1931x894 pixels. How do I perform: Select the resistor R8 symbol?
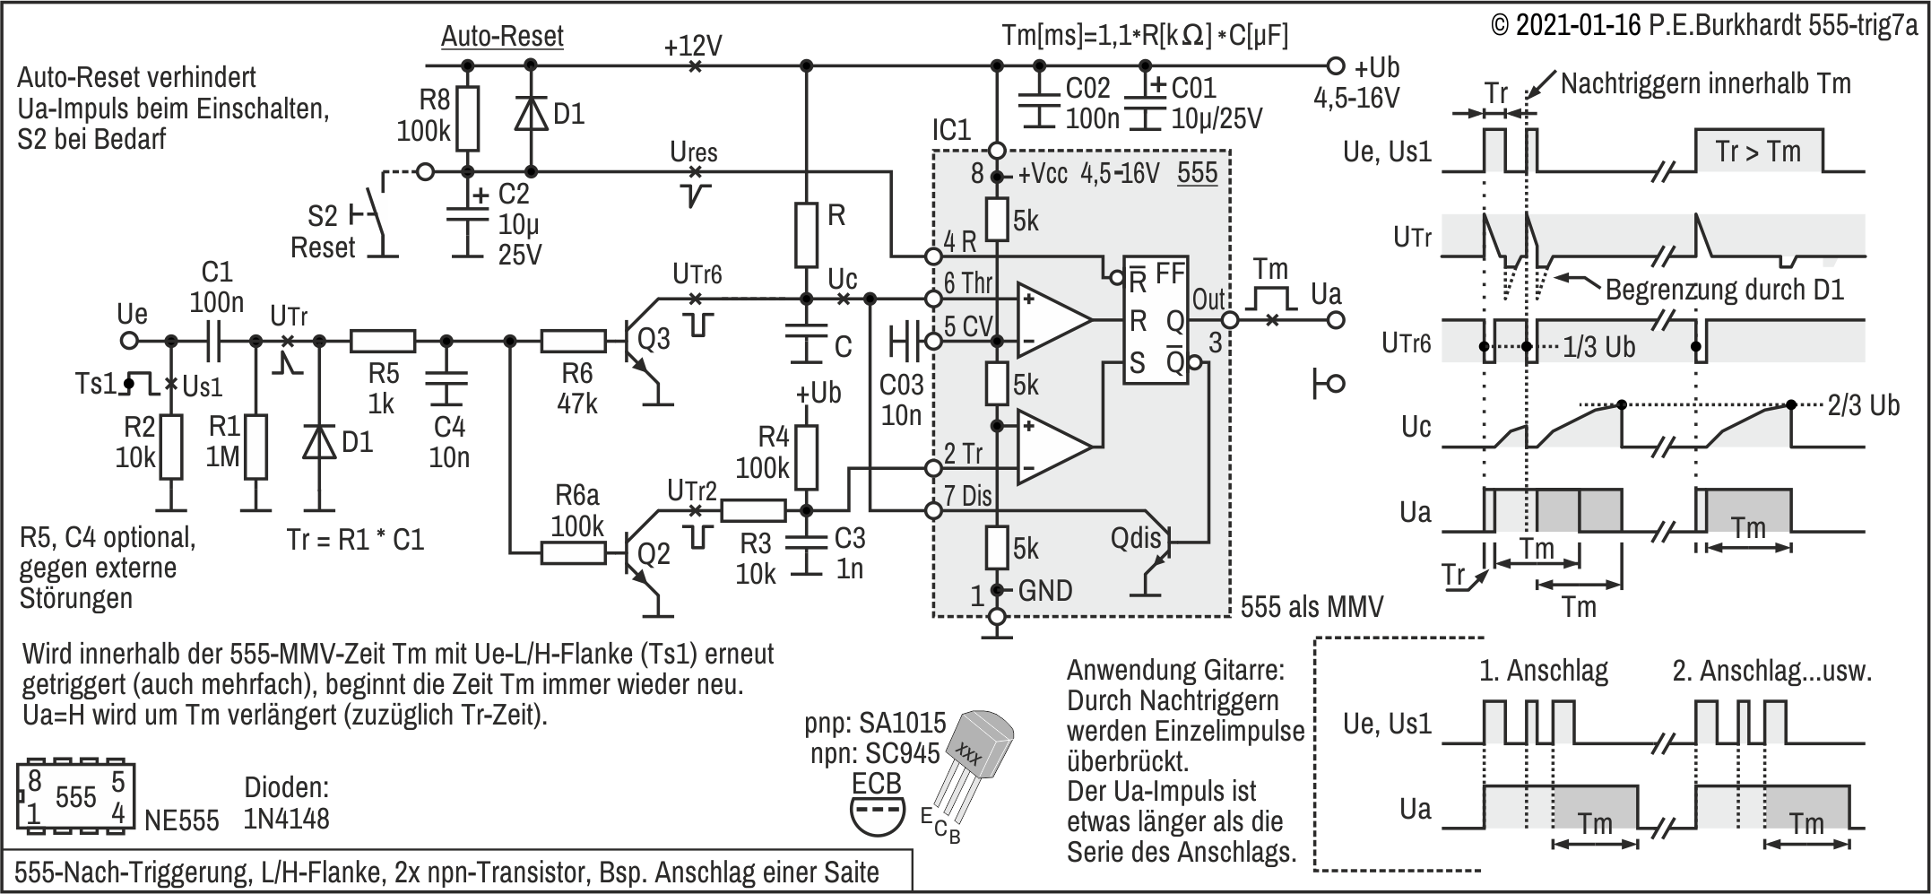click(466, 118)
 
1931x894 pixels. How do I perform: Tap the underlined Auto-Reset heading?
click(502, 37)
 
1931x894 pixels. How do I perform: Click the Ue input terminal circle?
click(130, 341)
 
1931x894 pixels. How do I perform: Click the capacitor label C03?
click(901, 385)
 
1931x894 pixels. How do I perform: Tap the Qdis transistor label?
click(1135, 539)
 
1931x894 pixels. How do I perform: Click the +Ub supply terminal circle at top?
click(1336, 65)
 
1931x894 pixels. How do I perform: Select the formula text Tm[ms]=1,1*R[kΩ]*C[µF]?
click(1145, 36)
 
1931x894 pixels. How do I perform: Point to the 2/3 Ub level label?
click(1863, 405)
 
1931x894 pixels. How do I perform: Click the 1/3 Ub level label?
click(1598, 347)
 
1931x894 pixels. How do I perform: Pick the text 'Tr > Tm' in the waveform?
click(1757, 152)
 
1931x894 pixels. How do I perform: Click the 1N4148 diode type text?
click(287, 818)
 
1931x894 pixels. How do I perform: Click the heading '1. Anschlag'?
click(1543, 671)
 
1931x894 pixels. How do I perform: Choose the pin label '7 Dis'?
click(967, 496)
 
